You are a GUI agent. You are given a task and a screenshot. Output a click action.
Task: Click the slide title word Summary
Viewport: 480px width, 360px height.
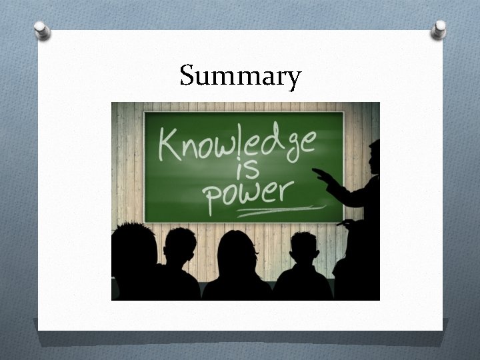pos(240,76)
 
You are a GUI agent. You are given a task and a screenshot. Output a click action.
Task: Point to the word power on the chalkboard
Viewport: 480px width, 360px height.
pos(247,193)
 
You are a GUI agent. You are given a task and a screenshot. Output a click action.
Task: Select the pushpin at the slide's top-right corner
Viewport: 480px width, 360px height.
pos(439,29)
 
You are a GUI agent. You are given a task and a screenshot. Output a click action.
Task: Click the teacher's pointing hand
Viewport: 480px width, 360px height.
pos(323,175)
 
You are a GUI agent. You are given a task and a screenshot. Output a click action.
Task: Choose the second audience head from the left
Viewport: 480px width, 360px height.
pos(180,245)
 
